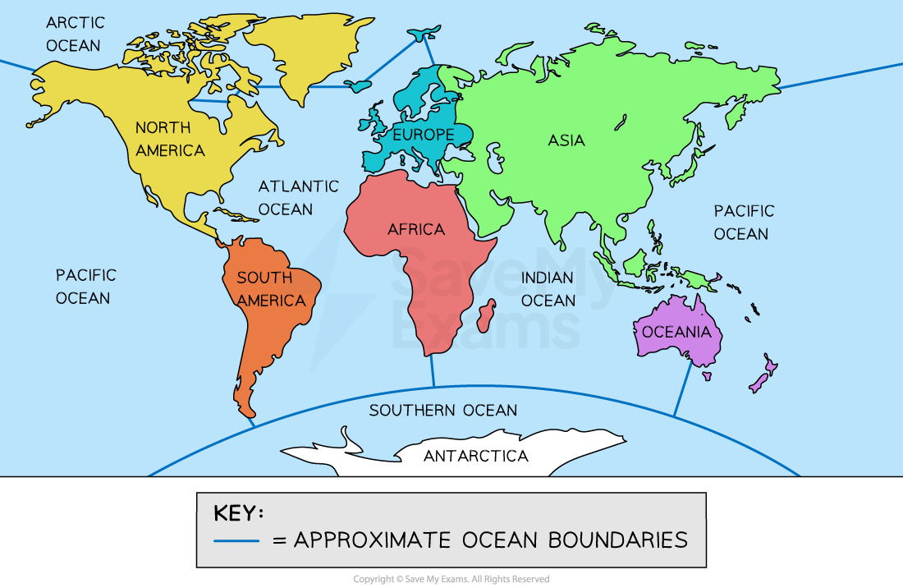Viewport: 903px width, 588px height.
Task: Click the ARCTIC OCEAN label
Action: pos(73,34)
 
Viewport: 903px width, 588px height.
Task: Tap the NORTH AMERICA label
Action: pos(170,139)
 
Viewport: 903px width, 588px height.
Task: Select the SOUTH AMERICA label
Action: pos(271,289)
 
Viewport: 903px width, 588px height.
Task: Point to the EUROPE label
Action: pos(423,134)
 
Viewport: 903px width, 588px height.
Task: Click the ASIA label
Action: pos(566,140)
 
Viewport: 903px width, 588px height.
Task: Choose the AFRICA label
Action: pos(415,229)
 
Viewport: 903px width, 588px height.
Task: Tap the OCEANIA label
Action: pos(676,332)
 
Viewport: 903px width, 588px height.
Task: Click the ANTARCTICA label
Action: pos(475,456)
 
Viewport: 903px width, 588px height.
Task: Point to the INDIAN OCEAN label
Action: pos(548,289)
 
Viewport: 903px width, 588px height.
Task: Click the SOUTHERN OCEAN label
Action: pos(442,410)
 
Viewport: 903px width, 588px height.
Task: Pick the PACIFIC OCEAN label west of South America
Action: pos(86,286)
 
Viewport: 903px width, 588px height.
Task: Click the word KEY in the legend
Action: pos(238,513)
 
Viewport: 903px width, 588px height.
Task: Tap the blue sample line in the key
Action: pos(236,540)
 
